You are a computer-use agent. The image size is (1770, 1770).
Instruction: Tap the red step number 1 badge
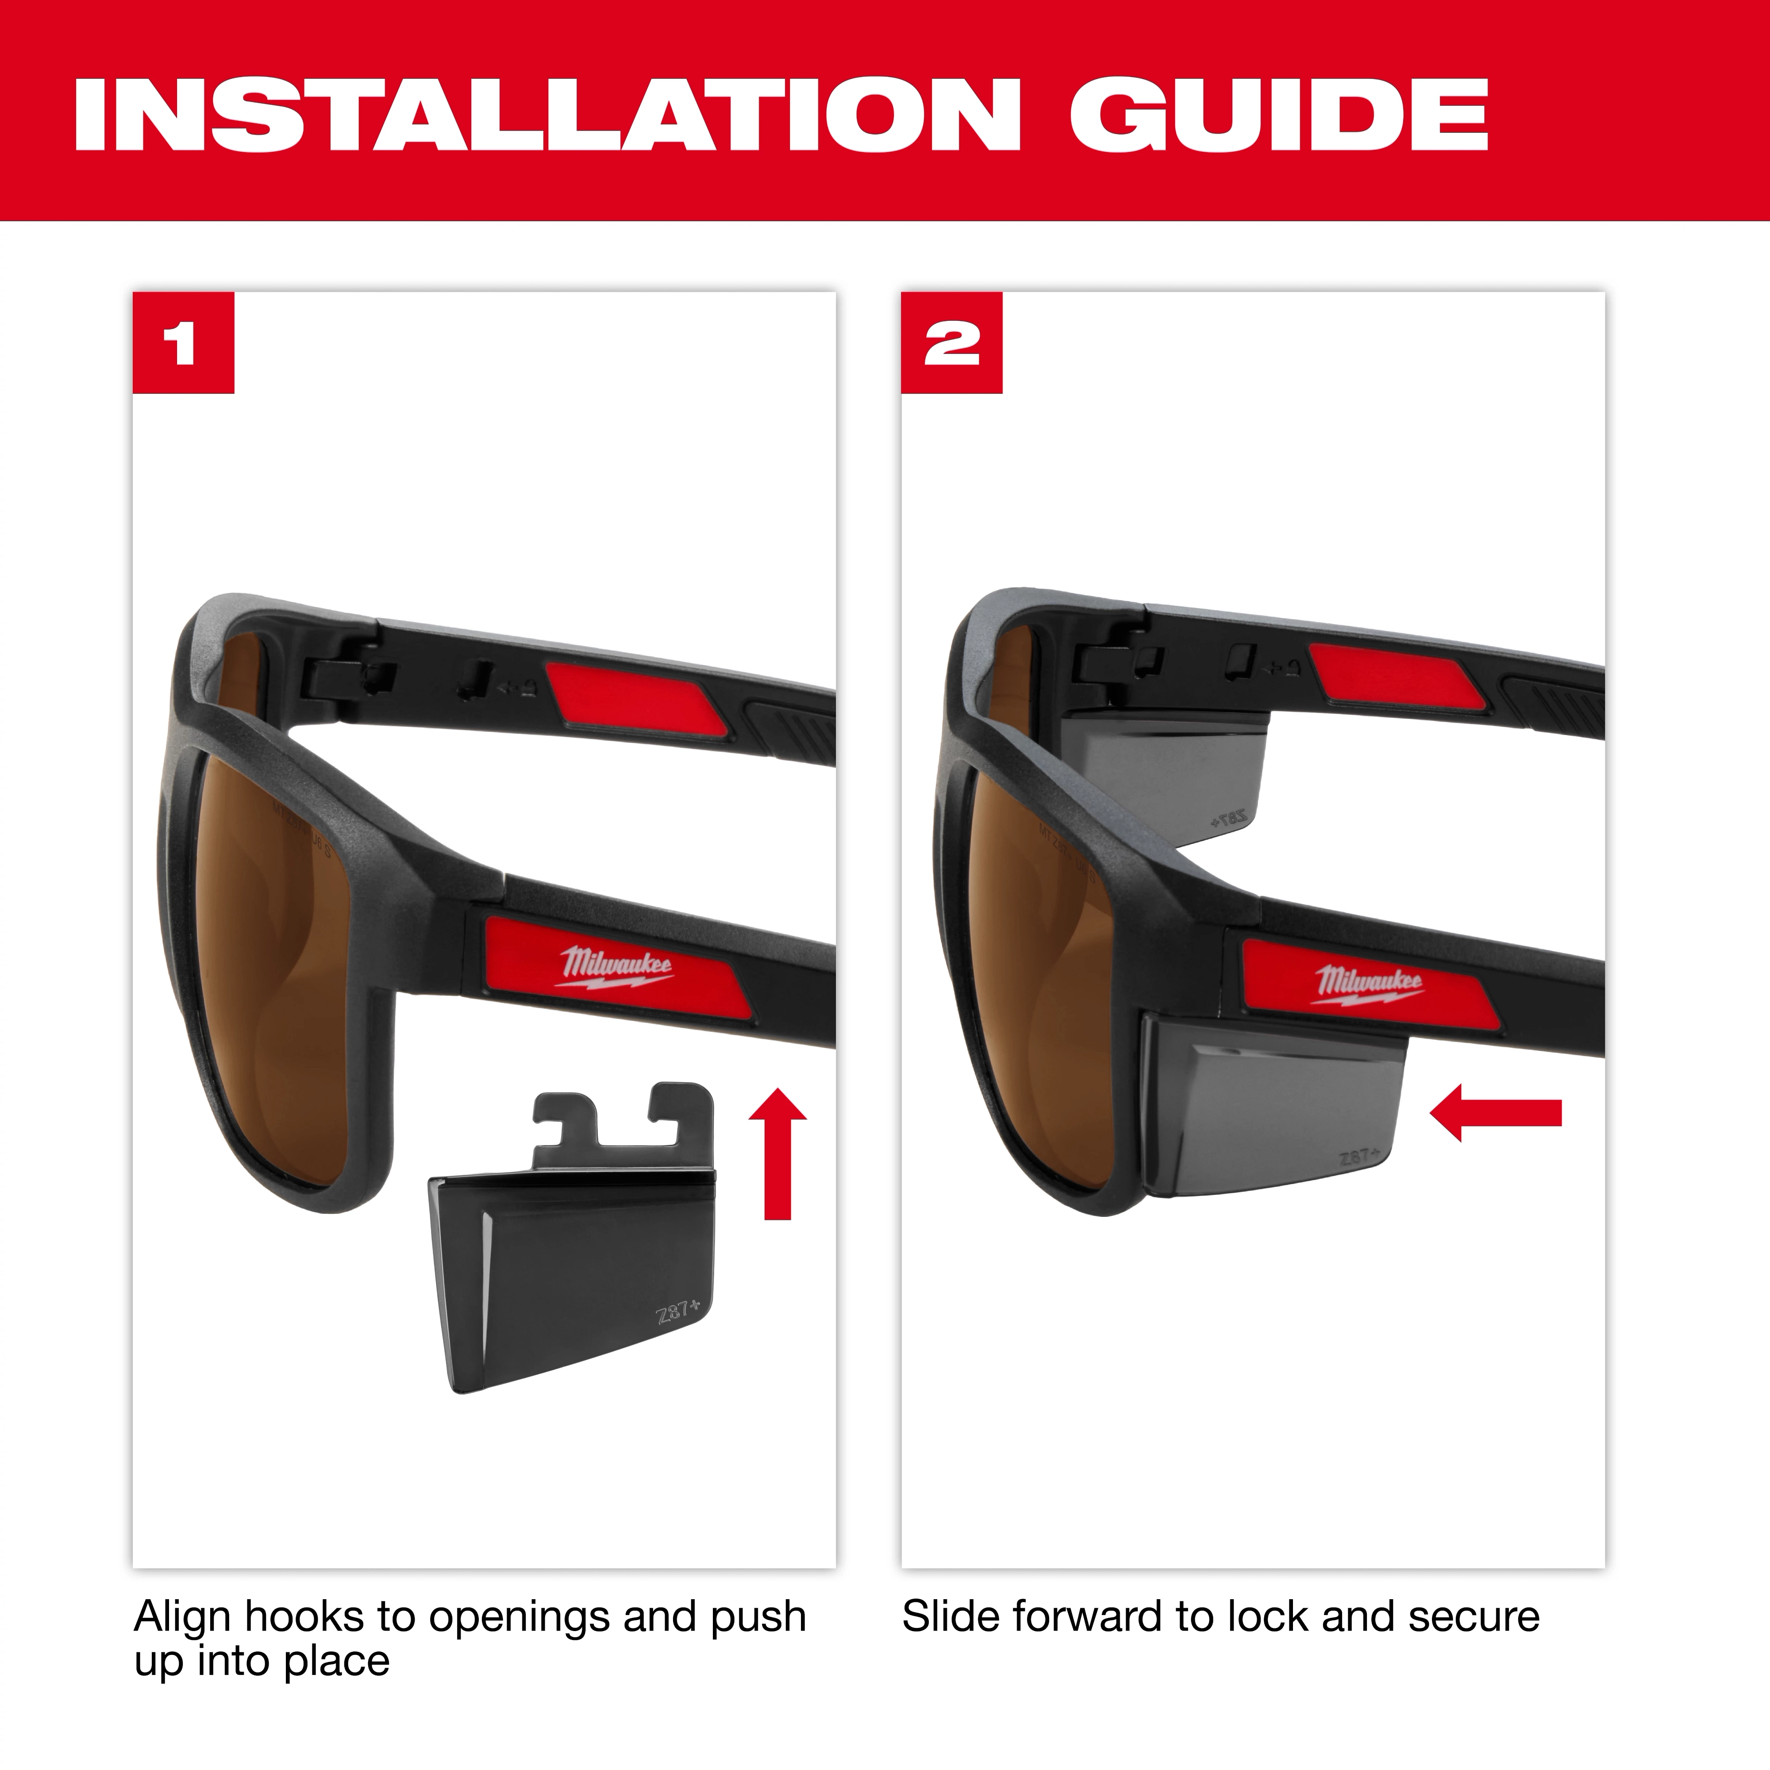coord(183,342)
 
